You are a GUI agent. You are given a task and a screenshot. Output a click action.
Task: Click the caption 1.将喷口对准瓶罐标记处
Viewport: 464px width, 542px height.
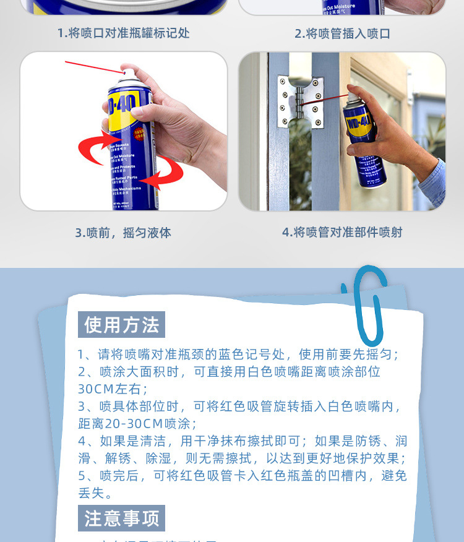pyautogui.click(x=123, y=33)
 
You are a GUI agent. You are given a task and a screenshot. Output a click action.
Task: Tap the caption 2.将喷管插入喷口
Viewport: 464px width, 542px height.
pyautogui.click(x=342, y=33)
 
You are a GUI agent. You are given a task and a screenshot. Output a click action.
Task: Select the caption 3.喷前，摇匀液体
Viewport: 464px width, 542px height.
pyautogui.click(x=123, y=233)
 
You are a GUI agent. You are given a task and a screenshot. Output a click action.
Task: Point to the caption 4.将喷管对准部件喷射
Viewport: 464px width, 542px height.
pyautogui.click(x=342, y=232)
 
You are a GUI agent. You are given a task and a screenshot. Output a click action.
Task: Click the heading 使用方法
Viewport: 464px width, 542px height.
pyautogui.click(x=122, y=325)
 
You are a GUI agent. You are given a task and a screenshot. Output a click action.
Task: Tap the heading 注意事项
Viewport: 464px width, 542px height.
pyautogui.click(x=122, y=518)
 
